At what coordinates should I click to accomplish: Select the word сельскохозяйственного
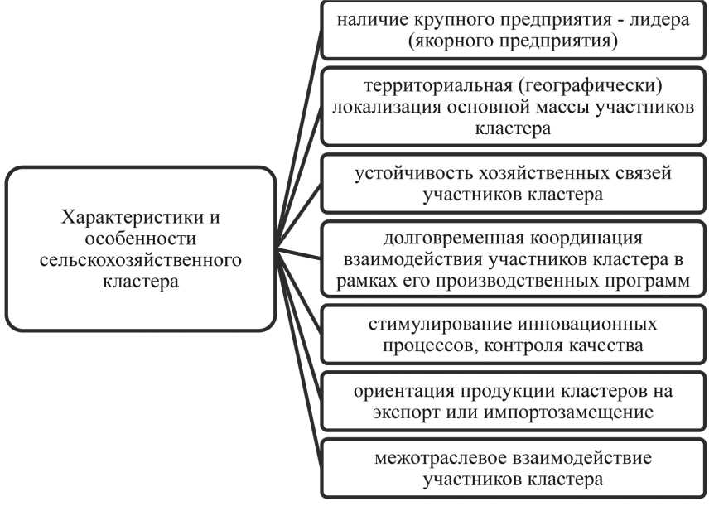(141, 260)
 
